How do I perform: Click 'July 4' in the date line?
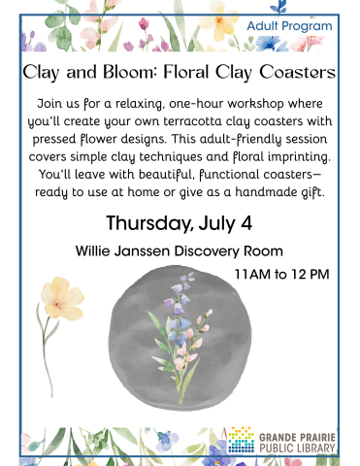226,222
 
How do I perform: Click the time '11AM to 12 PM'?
282,274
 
